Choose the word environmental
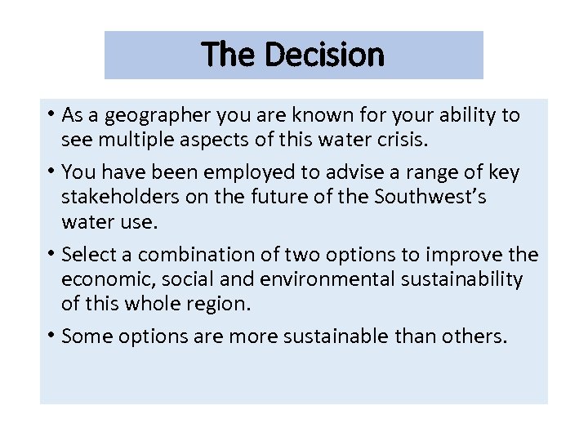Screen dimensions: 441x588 pos(307,278)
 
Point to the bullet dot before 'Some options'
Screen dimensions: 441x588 pos(51,336)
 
